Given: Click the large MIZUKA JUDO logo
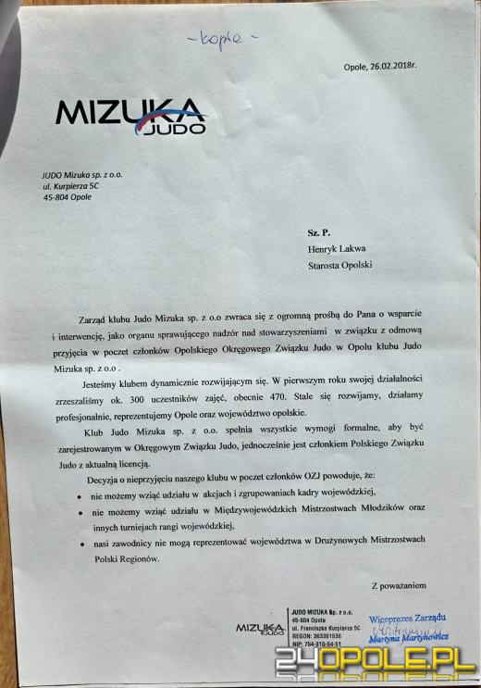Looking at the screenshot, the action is click(130, 116).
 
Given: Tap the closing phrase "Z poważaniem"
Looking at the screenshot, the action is click(399, 586).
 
